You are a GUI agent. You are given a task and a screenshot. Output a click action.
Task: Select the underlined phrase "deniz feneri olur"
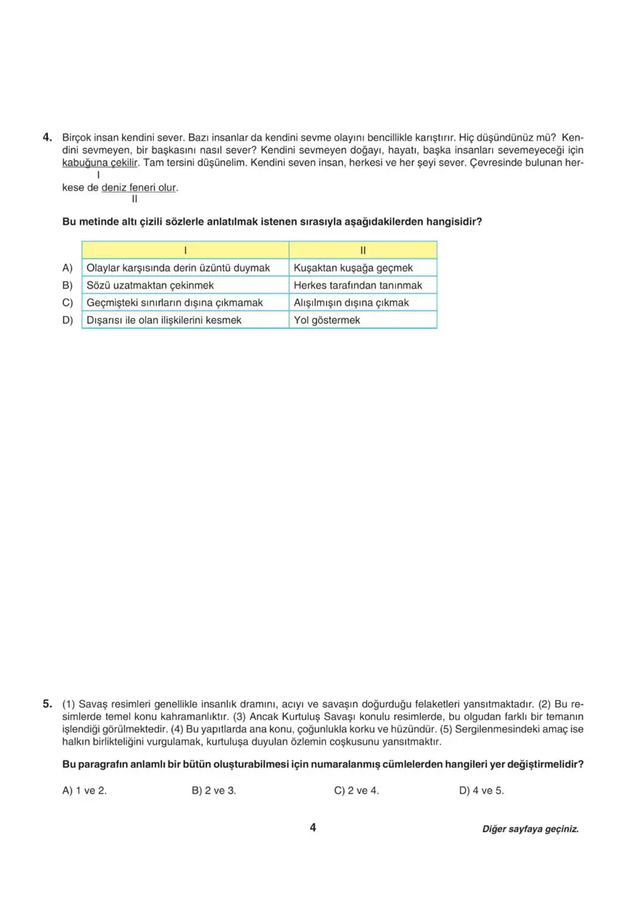tap(139, 187)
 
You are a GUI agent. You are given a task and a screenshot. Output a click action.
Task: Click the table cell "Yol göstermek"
tap(327, 320)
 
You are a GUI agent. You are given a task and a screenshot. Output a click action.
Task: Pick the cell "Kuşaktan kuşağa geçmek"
tap(353, 268)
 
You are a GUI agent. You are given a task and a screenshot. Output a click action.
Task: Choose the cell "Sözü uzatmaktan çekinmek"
tap(150, 285)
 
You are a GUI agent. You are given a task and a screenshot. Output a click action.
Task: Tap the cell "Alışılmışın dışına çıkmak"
tap(351, 302)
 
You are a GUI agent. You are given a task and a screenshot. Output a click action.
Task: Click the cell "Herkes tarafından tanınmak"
tap(358, 285)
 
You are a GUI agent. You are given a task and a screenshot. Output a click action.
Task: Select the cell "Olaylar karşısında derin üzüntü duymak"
tap(178, 268)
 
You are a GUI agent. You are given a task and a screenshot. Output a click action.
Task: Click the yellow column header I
tap(185, 251)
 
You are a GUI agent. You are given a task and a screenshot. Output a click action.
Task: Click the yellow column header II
tap(363, 251)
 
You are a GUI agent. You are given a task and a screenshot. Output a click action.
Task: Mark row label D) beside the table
tap(68, 320)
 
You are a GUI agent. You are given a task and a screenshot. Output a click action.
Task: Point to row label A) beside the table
tap(68, 268)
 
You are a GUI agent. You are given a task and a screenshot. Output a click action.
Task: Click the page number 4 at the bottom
tap(312, 828)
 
